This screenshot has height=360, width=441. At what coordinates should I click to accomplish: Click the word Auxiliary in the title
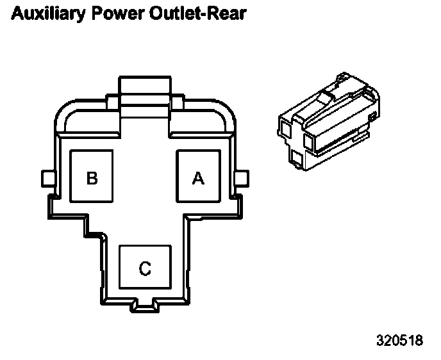pos(45,13)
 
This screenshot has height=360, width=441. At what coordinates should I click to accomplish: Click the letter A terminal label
pos(199,178)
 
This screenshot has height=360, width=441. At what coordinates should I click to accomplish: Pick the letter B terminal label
pos(92,178)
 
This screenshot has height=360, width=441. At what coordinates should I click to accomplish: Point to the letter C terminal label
pos(146,268)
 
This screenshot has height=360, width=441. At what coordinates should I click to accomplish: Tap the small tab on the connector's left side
pos(46,177)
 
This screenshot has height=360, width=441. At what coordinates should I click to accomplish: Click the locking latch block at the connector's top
pos(145,90)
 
